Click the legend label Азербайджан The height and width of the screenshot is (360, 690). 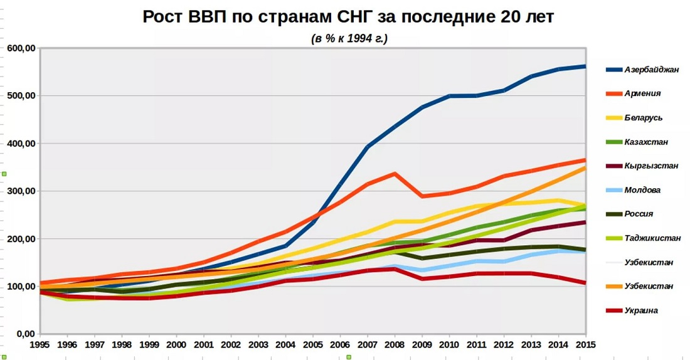pyautogui.click(x=652, y=69)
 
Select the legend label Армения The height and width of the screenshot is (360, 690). pyautogui.click(x=642, y=93)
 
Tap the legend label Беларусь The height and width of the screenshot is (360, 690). pyautogui.click(x=644, y=117)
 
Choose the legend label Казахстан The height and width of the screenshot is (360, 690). pyautogui.click(x=646, y=142)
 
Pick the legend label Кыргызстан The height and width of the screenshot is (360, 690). pyautogui.click(x=651, y=166)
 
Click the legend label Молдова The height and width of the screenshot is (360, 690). pyautogui.click(x=642, y=190)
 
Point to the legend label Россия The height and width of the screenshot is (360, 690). pyautogui.click(x=639, y=214)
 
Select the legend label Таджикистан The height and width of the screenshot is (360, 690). pyautogui.click(x=652, y=238)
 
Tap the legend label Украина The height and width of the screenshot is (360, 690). pyautogui.click(x=641, y=310)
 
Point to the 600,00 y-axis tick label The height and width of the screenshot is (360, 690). pyautogui.click(x=21, y=48)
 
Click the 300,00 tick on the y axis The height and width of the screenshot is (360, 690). pyautogui.click(x=21, y=191)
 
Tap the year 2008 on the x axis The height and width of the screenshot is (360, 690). pyautogui.click(x=394, y=344)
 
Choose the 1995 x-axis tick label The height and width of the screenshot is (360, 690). pyautogui.click(x=40, y=344)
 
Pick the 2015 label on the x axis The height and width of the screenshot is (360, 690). pyautogui.click(x=585, y=344)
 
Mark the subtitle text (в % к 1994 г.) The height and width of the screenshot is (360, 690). pyautogui.click(x=349, y=38)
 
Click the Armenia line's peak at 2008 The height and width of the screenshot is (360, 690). pyautogui.click(x=394, y=173)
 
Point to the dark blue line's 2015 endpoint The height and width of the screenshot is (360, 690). pyautogui.click(x=585, y=66)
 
